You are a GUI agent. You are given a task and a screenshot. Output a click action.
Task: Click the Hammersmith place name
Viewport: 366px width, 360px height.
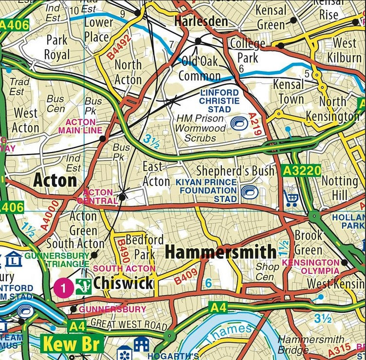[220, 252]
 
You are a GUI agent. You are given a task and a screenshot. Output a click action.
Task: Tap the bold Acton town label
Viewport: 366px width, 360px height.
[55, 181]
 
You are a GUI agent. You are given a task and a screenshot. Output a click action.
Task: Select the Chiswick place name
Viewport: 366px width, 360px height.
[123, 283]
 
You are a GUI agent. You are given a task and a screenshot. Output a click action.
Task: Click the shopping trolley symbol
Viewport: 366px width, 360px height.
[292, 198]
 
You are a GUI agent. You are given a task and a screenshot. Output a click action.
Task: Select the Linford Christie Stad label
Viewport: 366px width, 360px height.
[219, 101]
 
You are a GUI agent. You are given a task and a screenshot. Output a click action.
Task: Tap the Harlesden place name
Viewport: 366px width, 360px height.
[201, 21]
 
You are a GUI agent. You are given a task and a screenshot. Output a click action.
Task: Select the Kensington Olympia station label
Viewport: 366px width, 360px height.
[311, 266]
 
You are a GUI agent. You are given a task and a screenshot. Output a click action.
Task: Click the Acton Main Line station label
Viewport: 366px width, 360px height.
[80, 126]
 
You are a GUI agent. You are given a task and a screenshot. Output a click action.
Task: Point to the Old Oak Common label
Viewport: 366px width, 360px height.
[200, 69]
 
